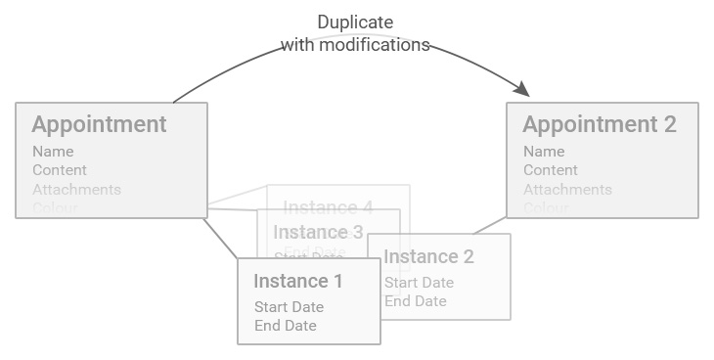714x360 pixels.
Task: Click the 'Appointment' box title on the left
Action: (x=99, y=125)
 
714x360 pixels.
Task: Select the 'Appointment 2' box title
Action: (x=599, y=125)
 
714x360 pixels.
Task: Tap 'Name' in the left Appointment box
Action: (x=53, y=152)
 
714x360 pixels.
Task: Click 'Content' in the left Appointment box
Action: (x=60, y=170)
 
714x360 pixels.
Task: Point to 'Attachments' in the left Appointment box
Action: (x=76, y=189)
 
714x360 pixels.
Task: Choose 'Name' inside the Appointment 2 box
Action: (x=544, y=152)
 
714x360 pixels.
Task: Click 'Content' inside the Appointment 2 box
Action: (x=551, y=170)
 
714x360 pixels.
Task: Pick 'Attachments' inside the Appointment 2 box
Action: (x=567, y=189)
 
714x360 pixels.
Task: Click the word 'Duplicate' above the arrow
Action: (x=355, y=22)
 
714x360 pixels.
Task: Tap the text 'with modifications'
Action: (x=355, y=45)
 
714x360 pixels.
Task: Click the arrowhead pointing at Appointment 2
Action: (x=521, y=89)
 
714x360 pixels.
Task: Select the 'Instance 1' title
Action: (x=298, y=282)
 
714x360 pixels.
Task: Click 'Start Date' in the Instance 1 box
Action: (x=289, y=307)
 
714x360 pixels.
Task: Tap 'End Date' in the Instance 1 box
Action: (x=286, y=326)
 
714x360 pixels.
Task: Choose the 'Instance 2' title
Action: (x=428, y=257)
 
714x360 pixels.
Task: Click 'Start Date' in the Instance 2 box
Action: (x=419, y=283)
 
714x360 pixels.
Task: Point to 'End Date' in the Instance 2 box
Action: (x=416, y=301)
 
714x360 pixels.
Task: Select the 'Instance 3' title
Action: (x=318, y=232)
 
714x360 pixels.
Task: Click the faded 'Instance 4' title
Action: (x=328, y=207)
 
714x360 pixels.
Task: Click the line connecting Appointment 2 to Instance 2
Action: (x=489, y=226)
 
